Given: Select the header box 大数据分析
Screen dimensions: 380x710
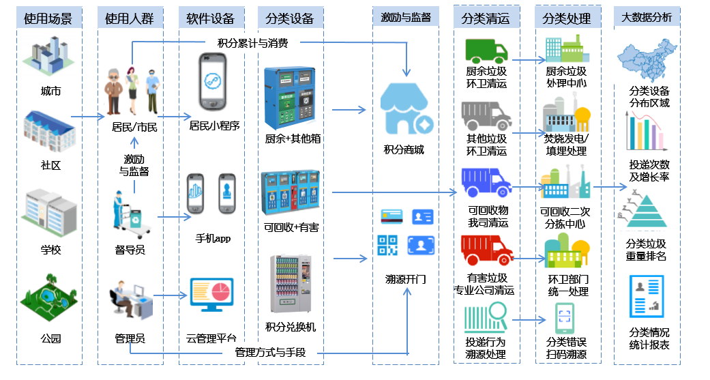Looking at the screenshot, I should pyautogui.click(x=647, y=17).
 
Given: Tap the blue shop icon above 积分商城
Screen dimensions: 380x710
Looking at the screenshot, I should pyautogui.click(x=406, y=110).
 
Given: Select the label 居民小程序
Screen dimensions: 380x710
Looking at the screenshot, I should pyautogui.click(x=214, y=126).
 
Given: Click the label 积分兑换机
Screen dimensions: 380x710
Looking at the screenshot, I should pyautogui.click(x=291, y=327).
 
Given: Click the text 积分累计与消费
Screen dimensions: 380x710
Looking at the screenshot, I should pyautogui.click(x=252, y=43).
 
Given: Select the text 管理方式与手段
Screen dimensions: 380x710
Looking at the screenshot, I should pyautogui.click(x=270, y=353).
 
